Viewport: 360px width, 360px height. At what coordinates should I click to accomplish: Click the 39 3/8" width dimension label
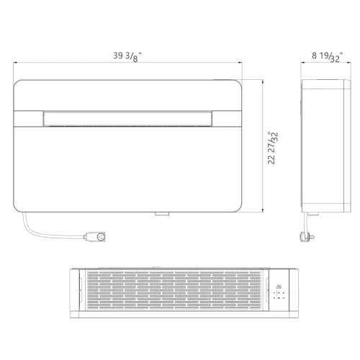127,57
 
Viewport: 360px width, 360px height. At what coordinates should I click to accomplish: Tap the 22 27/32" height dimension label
273,148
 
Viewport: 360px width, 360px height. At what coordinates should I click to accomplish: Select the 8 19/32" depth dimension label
327,57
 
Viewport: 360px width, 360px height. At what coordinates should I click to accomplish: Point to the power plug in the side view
307,237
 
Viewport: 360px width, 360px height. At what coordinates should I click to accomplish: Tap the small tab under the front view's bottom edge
162,214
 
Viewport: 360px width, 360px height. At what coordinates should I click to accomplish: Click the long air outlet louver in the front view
127,119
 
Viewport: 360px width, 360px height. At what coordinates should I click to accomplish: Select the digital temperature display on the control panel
279,287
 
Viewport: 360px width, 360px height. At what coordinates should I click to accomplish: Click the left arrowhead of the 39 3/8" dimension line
15,63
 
